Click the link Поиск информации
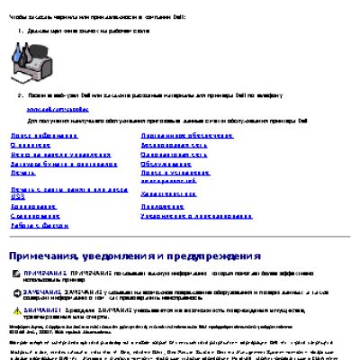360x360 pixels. click(x=35, y=134)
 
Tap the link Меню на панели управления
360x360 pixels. click(x=50, y=153)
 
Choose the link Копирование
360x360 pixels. click(x=32, y=206)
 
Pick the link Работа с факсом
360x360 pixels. click(x=33, y=225)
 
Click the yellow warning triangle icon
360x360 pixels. click(x=15, y=310)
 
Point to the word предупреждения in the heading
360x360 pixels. click(x=217, y=256)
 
